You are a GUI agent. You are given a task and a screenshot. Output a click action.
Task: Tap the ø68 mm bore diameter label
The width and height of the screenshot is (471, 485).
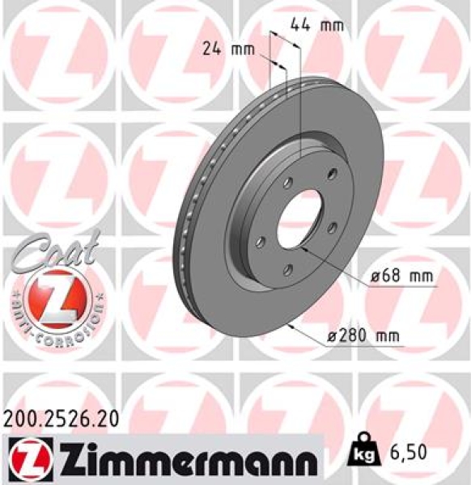click(402, 277)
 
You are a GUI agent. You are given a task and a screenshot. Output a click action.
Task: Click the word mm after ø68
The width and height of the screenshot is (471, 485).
click(420, 277)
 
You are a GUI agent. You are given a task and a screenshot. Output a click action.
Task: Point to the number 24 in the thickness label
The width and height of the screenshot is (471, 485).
click(212, 49)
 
